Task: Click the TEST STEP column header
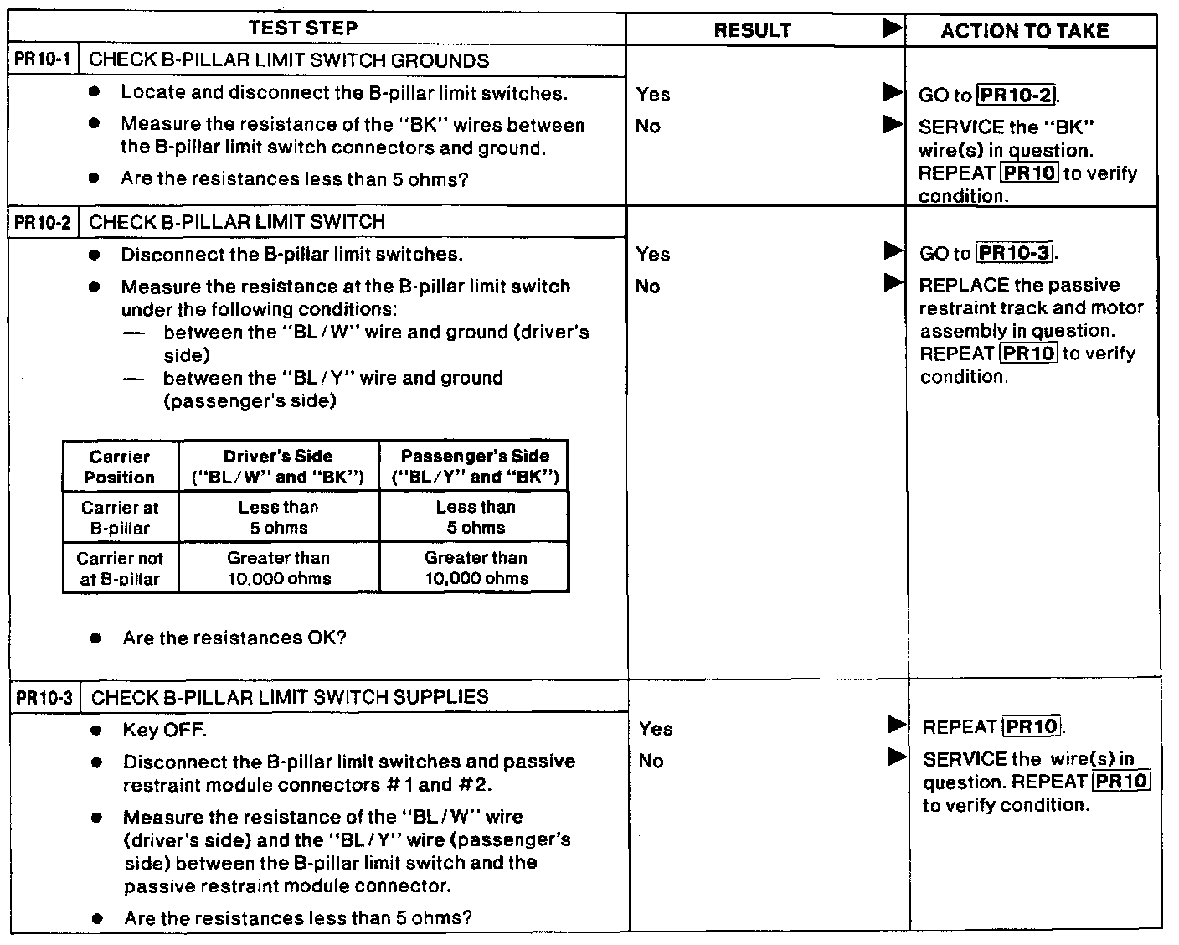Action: [302, 28]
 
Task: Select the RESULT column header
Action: [752, 30]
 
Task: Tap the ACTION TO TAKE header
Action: [1024, 31]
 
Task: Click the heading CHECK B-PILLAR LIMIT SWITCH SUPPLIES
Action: [289, 697]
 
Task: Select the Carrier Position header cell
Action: [120, 467]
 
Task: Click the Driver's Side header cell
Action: [278, 467]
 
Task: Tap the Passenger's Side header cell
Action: [475, 467]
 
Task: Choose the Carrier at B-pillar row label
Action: [120, 518]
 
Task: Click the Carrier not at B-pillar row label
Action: [120, 568]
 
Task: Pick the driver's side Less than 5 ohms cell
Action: [278, 518]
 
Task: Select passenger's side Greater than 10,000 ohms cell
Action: [476, 568]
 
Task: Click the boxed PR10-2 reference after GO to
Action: [1016, 95]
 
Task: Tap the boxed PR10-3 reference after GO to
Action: [1016, 253]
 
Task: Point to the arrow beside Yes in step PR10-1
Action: [893, 92]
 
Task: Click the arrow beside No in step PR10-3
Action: [896, 758]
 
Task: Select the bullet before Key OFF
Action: [97, 731]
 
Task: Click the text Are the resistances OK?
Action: [234, 638]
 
